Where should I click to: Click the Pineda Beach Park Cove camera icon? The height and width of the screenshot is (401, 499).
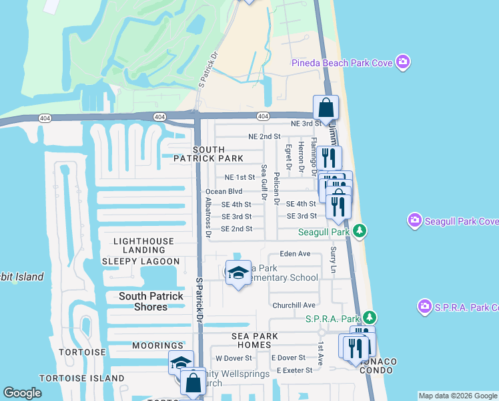coord(402,63)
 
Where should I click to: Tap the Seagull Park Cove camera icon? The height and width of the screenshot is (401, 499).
coord(415,221)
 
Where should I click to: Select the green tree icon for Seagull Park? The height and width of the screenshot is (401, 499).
coord(360,232)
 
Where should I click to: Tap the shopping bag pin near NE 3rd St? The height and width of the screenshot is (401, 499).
coord(326,108)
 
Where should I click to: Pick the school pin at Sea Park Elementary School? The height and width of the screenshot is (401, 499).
coord(238,273)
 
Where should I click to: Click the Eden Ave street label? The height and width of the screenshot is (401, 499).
coord(295,254)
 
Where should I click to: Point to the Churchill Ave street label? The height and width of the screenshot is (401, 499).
coord(294,305)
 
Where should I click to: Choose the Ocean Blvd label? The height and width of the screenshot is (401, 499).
coord(223,191)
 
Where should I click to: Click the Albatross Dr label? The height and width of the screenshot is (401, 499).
coord(208,218)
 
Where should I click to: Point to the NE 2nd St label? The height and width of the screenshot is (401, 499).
coord(264,136)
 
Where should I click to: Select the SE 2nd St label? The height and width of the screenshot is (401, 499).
coord(236,229)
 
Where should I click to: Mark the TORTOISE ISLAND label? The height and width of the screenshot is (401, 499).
coord(81,378)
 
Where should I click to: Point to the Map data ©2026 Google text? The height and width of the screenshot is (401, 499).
coord(458,396)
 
